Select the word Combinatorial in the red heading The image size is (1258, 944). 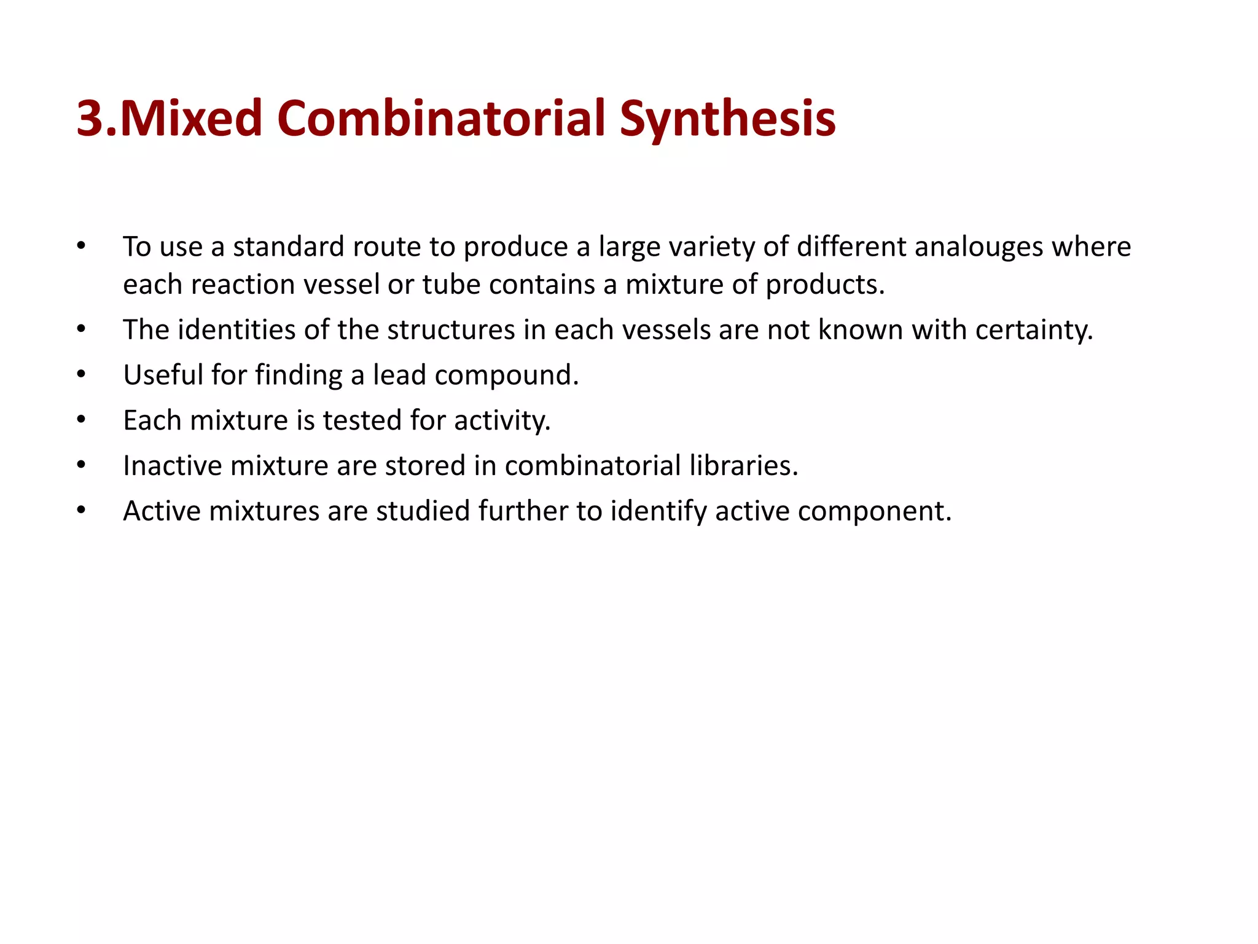point(442,118)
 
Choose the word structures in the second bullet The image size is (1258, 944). point(451,330)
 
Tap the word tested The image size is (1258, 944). point(362,420)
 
